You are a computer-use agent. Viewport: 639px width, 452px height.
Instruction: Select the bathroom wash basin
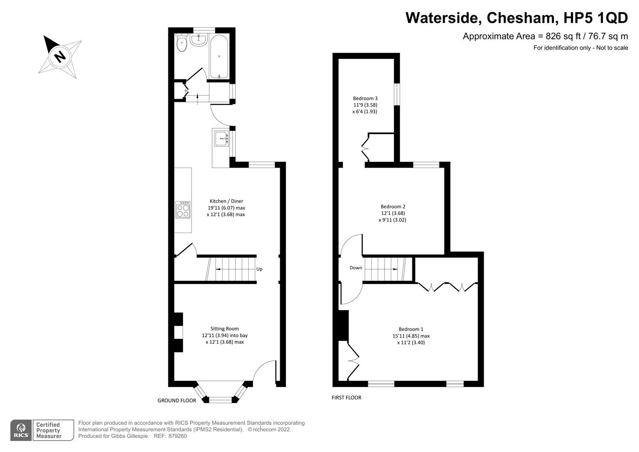tap(198, 40)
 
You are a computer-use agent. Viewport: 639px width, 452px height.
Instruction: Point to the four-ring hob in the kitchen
tap(183, 210)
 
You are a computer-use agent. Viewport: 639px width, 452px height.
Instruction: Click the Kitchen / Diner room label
tap(226, 201)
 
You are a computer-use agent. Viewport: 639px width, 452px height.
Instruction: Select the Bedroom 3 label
tap(365, 98)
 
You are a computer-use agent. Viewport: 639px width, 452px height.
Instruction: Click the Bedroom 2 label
tap(393, 207)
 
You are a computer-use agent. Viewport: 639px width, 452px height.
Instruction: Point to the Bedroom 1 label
tap(411, 329)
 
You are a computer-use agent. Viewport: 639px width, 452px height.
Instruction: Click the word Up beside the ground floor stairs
tap(259, 269)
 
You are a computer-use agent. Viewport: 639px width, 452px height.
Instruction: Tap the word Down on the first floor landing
tap(355, 268)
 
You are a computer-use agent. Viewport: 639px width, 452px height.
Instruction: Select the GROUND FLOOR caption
tap(177, 400)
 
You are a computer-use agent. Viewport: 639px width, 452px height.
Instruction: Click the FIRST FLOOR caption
tap(346, 398)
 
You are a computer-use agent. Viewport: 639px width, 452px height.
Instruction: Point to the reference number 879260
tap(177, 436)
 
